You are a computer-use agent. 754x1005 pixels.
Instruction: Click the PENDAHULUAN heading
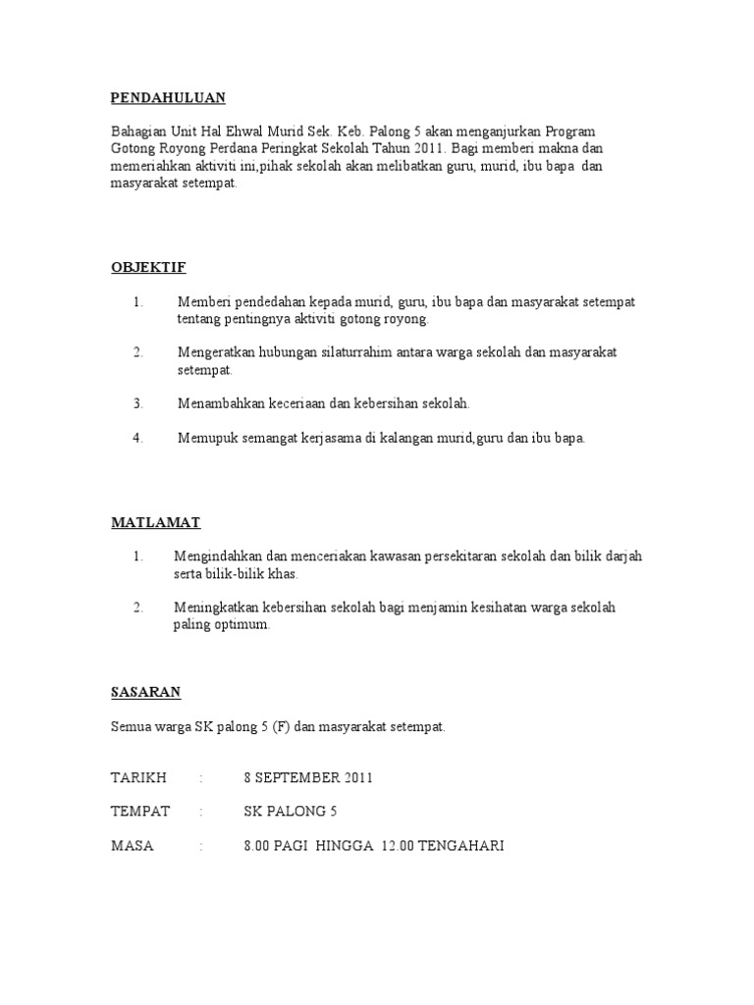(x=168, y=97)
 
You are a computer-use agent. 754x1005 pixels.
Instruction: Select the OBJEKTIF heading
(x=148, y=267)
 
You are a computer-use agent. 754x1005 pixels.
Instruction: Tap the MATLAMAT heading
(x=155, y=523)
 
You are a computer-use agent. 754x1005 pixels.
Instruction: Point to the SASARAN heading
(x=146, y=692)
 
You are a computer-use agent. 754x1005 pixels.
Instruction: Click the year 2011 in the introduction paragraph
(x=428, y=148)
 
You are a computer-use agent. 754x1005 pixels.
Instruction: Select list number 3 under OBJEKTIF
(x=138, y=403)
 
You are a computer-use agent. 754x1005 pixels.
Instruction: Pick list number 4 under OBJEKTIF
(x=138, y=438)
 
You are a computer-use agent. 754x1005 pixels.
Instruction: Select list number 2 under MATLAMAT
(x=138, y=608)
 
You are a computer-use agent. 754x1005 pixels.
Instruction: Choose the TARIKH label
(x=139, y=778)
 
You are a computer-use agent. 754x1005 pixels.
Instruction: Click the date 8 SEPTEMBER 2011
(x=308, y=778)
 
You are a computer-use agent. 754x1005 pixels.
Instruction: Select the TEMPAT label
(x=140, y=812)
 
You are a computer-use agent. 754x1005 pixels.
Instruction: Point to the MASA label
(x=133, y=845)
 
